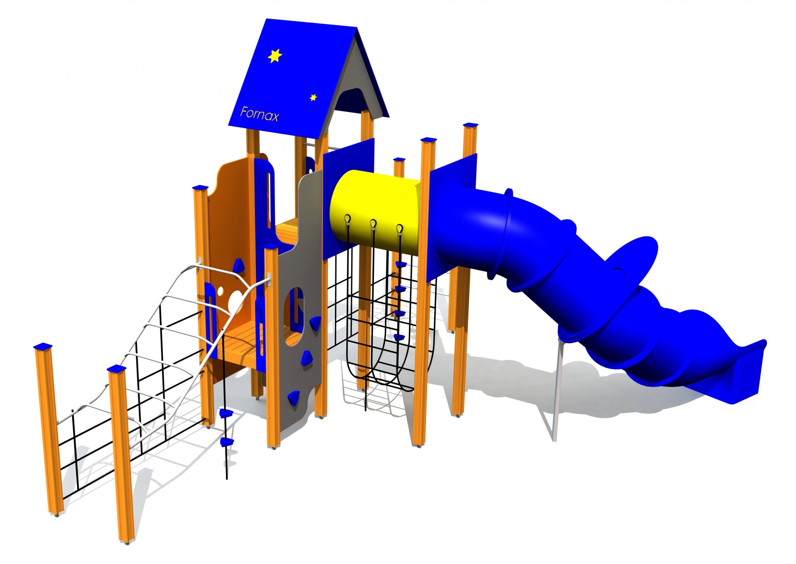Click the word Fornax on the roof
tap(260, 114)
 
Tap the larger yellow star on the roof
tap(275, 56)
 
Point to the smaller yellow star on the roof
tap(313, 97)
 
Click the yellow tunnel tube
tap(375, 211)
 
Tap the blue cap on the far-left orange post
tap(43, 346)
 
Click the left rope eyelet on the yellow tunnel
tap(347, 219)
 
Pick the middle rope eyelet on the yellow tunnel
tap(373, 224)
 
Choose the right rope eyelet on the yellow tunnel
tap(399, 229)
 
